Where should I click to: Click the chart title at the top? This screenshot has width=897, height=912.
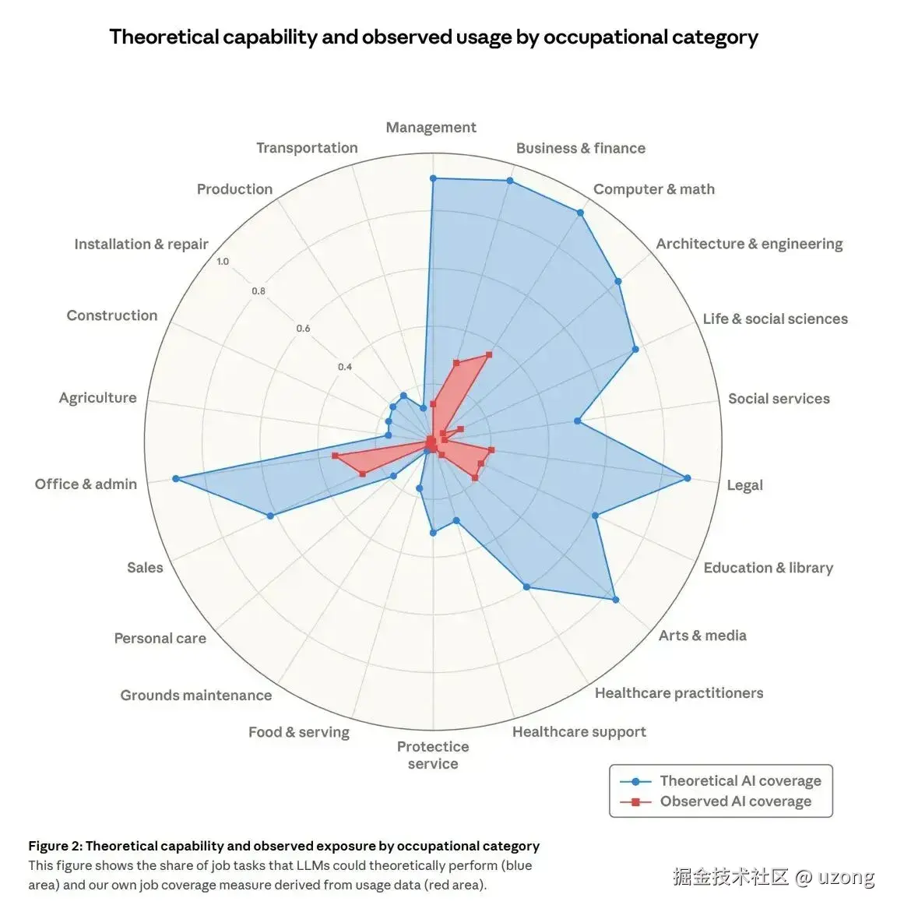coord(434,37)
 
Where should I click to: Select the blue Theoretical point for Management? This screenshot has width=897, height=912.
coord(433,178)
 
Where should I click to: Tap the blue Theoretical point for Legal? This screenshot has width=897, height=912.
coord(687,477)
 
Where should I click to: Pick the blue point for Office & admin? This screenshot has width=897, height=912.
coord(175,478)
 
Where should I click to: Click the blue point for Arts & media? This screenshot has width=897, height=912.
coord(615,599)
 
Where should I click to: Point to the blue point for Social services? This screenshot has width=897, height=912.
coord(577,421)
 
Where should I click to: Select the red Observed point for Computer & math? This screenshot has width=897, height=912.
coord(489,354)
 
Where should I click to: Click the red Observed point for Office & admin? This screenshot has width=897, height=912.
coord(334,456)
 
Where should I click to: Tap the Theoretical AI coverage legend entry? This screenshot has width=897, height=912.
coord(740,780)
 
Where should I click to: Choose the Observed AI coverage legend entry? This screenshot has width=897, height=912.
coord(735,801)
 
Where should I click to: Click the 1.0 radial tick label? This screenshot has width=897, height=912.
coord(223,262)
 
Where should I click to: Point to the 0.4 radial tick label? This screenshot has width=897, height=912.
coord(345,367)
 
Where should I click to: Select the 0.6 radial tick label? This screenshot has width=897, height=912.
coord(303,329)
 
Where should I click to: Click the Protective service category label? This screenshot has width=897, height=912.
coord(433,755)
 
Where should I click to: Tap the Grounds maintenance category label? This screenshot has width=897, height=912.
coord(196,695)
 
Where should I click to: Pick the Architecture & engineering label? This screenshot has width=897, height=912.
coord(749,244)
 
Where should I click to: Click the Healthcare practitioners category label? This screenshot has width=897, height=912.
coord(679,693)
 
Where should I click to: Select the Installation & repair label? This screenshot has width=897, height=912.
coord(141,244)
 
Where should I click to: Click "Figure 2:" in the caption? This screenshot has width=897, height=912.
coord(55,846)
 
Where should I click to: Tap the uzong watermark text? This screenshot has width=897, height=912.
coord(846,877)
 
